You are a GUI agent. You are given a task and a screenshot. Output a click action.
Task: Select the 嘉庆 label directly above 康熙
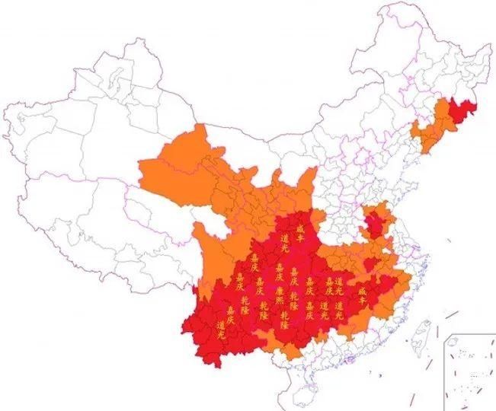click(280, 272)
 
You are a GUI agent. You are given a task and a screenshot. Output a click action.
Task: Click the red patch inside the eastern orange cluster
click(374, 226)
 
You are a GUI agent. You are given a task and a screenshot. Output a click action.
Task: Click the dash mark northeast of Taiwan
click(452, 314)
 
